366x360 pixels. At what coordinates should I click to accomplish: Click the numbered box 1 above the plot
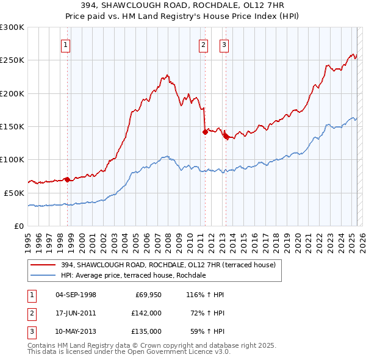(x=65, y=44)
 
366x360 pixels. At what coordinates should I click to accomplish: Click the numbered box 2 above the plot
(x=203, y=44)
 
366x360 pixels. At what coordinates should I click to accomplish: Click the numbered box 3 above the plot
(x=224, y=44)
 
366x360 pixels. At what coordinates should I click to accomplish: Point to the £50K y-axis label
(x=14, y=192)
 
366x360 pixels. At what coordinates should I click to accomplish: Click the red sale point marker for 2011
(x=205, y=132)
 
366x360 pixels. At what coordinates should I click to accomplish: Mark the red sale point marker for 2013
(x=226, y=137)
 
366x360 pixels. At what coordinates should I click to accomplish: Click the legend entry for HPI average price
(x=133, y=275)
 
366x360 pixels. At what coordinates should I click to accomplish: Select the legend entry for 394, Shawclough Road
(x=168, y=265)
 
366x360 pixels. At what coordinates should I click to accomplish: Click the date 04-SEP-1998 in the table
(x=76, y=295)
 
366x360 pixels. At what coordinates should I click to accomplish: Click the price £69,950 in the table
(x=146, y=295)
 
